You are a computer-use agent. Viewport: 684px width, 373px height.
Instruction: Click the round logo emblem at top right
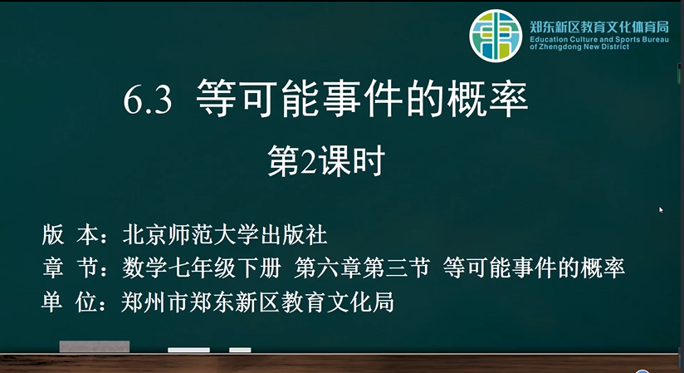click(x=496, y=36)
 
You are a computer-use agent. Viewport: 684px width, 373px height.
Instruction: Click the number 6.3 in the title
click(x=148, y=101)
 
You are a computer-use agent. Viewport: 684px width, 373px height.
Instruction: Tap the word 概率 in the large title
click(x=487, y=98)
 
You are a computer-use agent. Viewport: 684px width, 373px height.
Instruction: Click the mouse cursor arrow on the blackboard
click(x=661, y=210)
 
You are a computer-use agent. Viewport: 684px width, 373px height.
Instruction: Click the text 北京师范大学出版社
click(x=225, y=235)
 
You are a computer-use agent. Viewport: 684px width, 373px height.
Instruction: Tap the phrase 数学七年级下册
click(x=202, y=267)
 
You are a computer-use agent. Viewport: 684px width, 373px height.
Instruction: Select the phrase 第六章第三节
click(x=363, y=267)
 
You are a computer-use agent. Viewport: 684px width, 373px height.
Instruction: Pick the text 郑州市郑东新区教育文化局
click(x=258, y=302)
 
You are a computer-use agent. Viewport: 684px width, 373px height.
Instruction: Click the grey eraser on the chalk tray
click(x=95, y=346)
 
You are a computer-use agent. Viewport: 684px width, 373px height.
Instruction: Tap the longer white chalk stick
click(x=188, y=350)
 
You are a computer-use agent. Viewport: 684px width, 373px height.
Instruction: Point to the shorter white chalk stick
click(x=240, y=350)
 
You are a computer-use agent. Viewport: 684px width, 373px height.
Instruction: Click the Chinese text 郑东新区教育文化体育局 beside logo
click(x=599, y=27)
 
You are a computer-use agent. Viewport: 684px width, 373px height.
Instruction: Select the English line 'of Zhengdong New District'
click(x=579, y=47)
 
